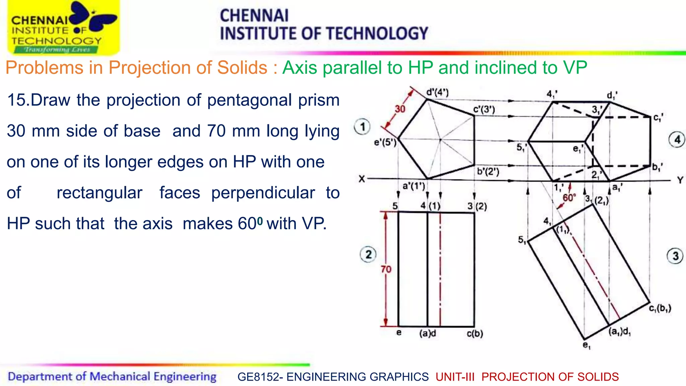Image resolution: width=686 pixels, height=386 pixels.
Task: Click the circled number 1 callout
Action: [362, 127]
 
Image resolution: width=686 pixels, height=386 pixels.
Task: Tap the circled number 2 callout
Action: [368, 254]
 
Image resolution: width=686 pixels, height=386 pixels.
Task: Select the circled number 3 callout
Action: [675, 256]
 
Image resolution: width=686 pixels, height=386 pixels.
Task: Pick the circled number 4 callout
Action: [677, 140]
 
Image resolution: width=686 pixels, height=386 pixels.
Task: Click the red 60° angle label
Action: [569, 198]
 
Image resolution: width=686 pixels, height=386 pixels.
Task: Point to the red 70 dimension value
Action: [386, 269]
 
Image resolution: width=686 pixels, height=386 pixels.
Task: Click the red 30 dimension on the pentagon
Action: [400, 109]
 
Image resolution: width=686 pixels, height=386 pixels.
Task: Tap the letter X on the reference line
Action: [362, 179]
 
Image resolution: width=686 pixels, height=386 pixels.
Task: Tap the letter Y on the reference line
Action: [680, 180]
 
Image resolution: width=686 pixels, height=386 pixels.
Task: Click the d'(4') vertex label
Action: [437, 92]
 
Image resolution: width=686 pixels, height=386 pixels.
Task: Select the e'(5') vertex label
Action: [385, 143]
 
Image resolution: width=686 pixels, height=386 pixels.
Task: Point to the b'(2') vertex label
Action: [488, 172]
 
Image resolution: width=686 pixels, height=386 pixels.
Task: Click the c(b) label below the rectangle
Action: [475, 334]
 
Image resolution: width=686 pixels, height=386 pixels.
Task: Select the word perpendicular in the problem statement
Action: [263, 193]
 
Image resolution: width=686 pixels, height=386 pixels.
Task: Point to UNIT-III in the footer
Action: [455, 377]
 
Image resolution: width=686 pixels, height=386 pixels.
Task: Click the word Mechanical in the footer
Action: [120, 377]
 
